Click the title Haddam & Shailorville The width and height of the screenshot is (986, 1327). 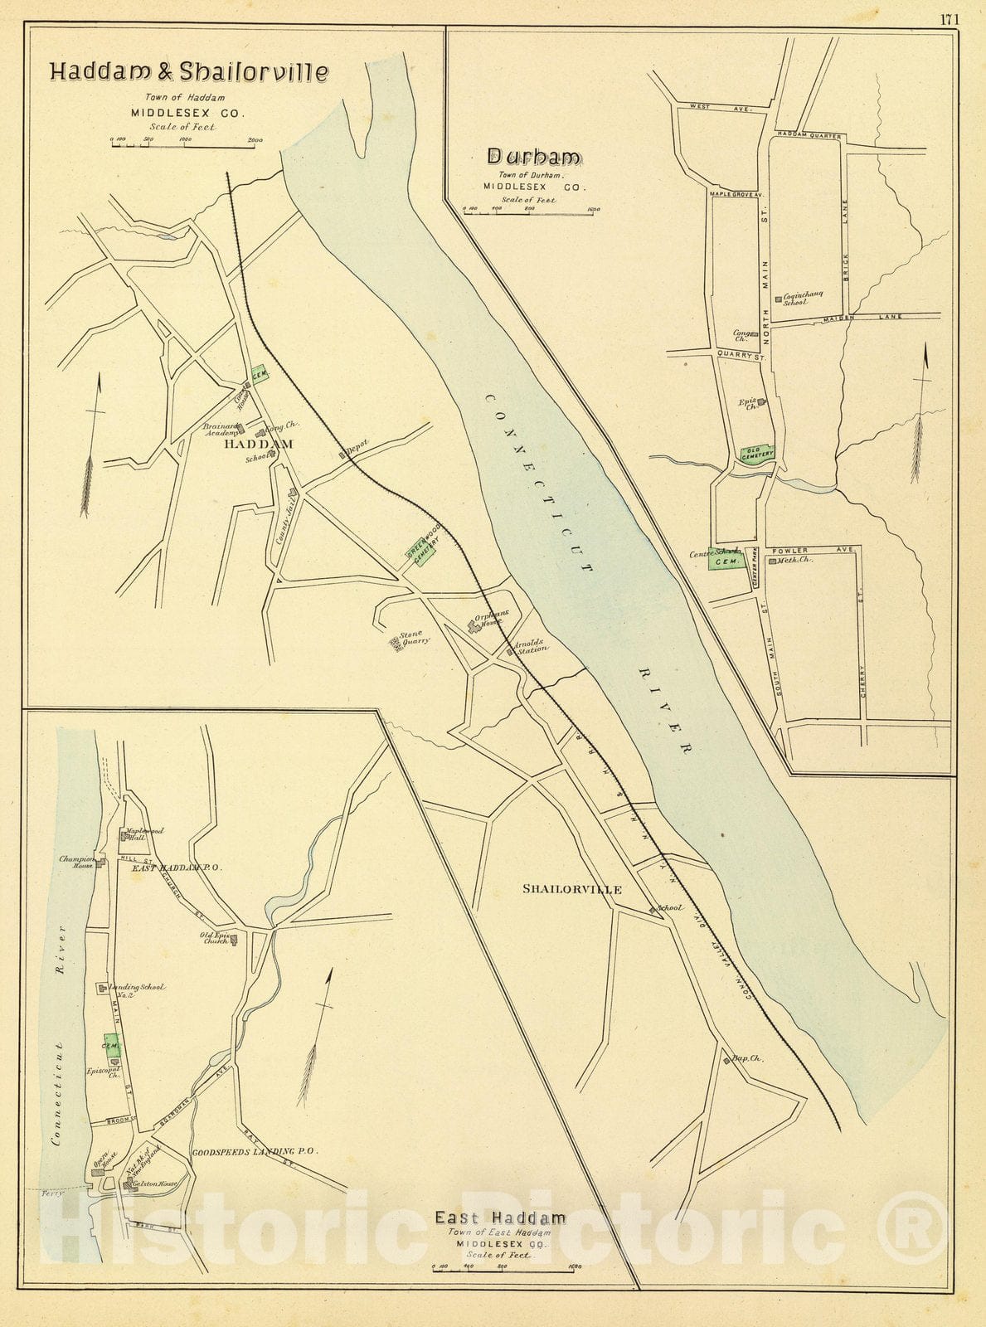189,71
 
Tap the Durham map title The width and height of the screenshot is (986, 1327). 534,156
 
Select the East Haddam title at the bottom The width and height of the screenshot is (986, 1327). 501,1218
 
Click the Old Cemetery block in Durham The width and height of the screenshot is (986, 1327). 757,454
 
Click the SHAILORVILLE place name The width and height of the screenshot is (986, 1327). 572,889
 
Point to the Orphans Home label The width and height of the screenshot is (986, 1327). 491,620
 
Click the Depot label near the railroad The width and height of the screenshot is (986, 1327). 357,447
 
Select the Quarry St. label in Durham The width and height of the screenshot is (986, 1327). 741,357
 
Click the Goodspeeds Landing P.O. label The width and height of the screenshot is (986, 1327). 254,1152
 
